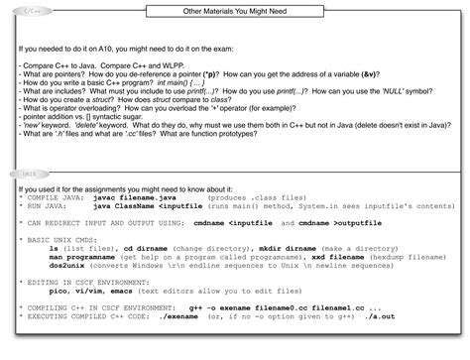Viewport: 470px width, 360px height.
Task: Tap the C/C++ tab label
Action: pyautogui.click(x=32, y=11)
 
